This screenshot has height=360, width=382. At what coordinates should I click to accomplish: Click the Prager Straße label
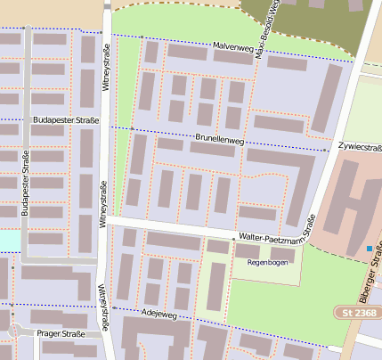(61, 334)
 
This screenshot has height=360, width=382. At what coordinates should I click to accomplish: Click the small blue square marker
(370, 248)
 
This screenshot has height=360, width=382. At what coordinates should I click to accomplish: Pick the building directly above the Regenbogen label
(249, 251)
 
